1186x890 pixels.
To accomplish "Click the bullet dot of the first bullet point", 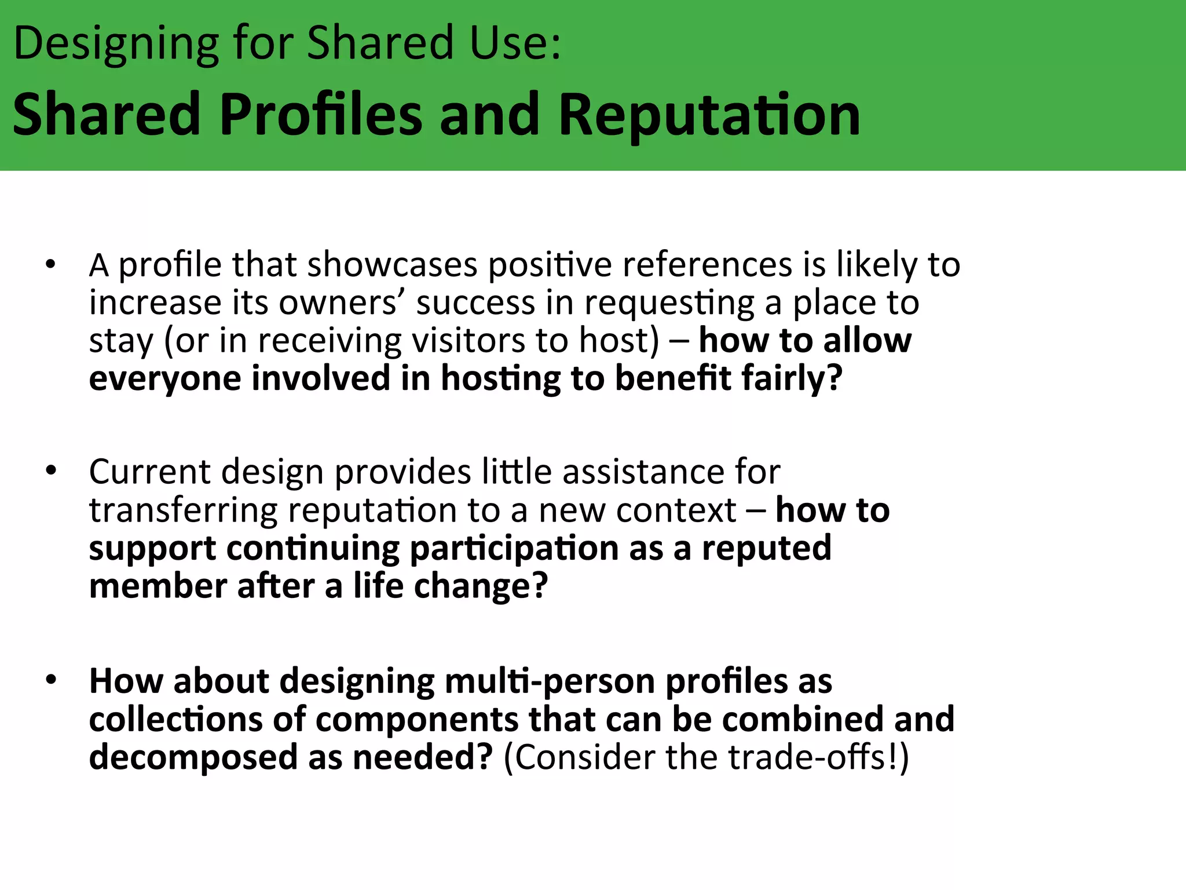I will click(51, 265).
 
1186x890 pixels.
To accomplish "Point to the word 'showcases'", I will click(392, 265).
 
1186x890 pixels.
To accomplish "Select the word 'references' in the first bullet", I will click(707, 265).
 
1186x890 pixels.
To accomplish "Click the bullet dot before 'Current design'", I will click(51, 470).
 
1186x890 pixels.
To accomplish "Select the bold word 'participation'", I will click(514, 549).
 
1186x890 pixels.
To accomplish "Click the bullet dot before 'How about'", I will click(51, 680).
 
